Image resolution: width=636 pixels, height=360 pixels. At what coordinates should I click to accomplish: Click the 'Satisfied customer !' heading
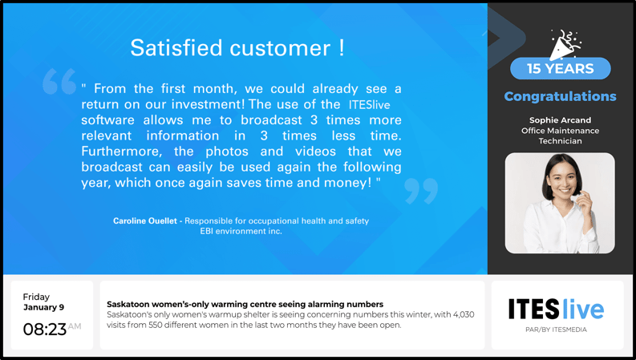tap(237, 48)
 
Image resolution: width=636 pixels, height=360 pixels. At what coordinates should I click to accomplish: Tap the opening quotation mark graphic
tap(59, 82)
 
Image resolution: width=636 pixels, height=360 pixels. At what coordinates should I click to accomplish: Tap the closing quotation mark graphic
tap(421, 190)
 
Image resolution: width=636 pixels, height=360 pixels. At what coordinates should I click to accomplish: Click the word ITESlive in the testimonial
tap(369, 105)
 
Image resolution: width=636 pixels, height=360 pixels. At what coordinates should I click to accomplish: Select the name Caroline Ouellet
tap(145, 220)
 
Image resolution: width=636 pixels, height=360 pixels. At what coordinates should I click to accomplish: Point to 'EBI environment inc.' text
tap(241, 231)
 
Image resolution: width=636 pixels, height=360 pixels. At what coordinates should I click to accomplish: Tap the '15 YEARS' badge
tap(560, 69)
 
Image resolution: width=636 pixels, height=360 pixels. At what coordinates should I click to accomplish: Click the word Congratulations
tap(560, 96)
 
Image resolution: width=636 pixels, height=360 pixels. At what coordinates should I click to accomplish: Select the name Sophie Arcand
tap(560, 120)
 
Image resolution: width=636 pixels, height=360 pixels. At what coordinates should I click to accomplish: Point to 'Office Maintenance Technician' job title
tap(560, 136)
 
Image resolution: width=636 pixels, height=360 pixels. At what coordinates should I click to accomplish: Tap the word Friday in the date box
tap(36, 297)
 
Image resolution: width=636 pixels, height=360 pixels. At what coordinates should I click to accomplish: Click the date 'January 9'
tap(43, 307)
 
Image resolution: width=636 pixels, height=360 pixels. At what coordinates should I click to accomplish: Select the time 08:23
tap(44, 330)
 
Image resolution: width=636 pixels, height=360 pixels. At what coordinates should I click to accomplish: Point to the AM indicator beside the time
tap(75, 326)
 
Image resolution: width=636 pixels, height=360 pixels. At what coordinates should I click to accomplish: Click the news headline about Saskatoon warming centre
tap(245, 304)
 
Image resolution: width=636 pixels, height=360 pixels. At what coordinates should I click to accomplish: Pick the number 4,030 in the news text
tap(460, 315)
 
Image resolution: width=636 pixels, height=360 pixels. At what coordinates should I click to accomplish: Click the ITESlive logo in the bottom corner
tap(556, 309)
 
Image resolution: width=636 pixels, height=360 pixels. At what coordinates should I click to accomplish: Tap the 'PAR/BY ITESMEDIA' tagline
tap(556, 330)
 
